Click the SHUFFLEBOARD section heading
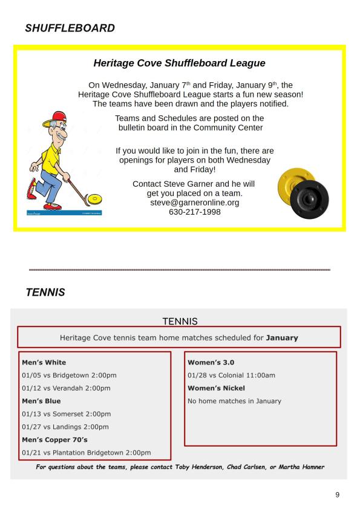coord(70,28)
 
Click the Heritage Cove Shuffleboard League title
coord(179,63)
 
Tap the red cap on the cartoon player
coord(56,118)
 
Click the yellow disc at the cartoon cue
coord(94,198)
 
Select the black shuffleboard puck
coord(309,199)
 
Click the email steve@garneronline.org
coord(195,203)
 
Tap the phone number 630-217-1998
coord(195,212)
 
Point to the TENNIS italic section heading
coord(45,292)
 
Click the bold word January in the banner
coord(282,337)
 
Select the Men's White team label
coord(44,362)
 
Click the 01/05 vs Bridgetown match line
coord(69,375)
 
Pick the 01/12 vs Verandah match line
coord(67,388)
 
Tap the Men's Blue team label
coord(41,401)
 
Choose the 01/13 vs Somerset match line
coord(67,414)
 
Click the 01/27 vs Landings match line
coord(65,427)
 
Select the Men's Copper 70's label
coord(54,440)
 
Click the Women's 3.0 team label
coord(211,362)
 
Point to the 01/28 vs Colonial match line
coord(231,375)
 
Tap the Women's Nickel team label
coord(216,388)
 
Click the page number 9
coord(337,494)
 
